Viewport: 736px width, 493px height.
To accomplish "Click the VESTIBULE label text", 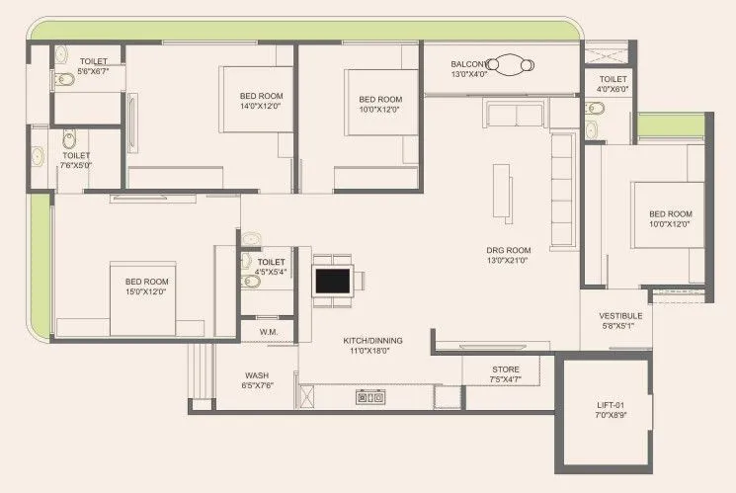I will click(x=621, y=317).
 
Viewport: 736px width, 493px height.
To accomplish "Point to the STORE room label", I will click(x=505, y=370).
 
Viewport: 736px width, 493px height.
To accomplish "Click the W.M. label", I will click(x=268, y=333).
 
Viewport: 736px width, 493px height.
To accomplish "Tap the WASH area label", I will click(x=258, y=375).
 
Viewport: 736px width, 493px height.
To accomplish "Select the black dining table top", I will click(x=331, y=280).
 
